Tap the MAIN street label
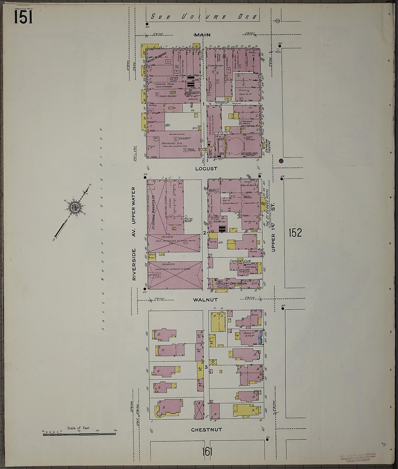click(x=203, y=35)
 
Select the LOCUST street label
click(x=206, y=169)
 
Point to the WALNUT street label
click(x=205, y=300)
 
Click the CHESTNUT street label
click(x=207, y=430)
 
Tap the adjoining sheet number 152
click(x=295, y=233)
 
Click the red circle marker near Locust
click(x=281, y=161)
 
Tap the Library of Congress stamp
click(x=358, y=457)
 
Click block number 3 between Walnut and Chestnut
click(x=206, y=367)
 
